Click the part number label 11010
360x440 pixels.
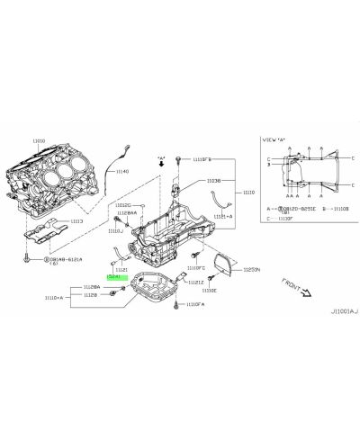point(38,140)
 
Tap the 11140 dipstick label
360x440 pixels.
point(121,171)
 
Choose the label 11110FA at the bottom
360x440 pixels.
point(197,305)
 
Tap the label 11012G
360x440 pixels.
point(124,205)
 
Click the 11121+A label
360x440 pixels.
point(223,217)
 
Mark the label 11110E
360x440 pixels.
point(209,291)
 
